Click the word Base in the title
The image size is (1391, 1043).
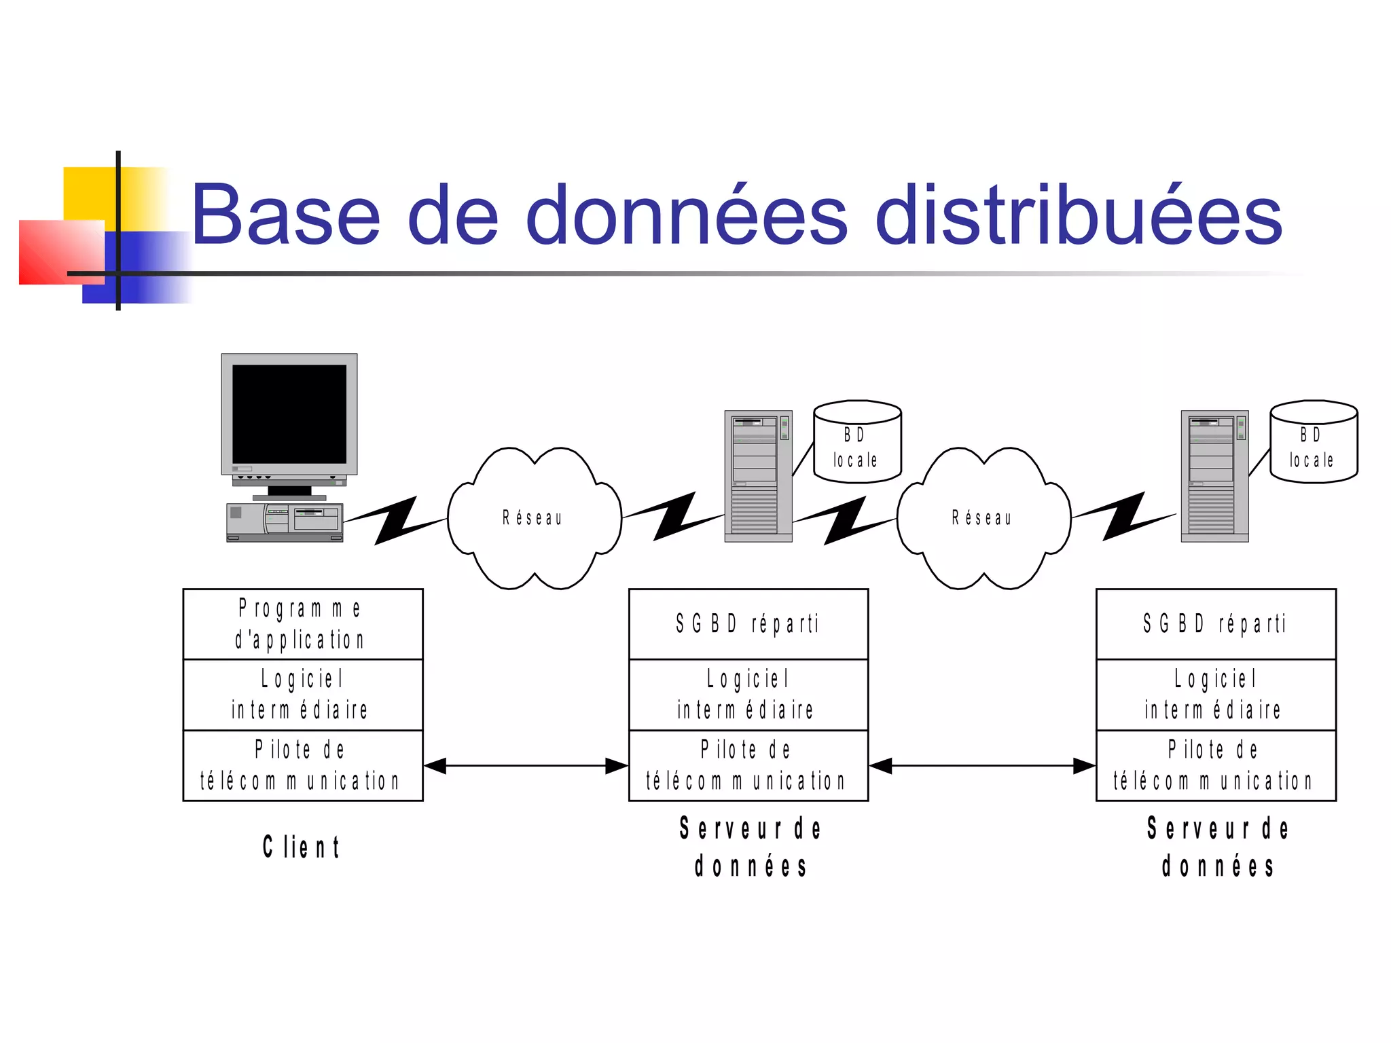tap(285, 215)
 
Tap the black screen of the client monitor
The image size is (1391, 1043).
tap(289, 414)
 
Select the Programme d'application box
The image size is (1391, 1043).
tap(303, 624)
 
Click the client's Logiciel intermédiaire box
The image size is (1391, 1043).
tap(303, 695)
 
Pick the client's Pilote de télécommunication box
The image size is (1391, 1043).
tap(303, 765)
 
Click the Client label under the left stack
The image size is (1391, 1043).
tap(302, 847)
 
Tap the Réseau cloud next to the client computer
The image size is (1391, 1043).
tap(535, 518)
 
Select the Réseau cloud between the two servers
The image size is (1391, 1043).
tap(983, 518)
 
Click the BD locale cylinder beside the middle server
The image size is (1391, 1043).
tap(857, 443)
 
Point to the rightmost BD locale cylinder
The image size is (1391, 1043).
tap(1314, 443)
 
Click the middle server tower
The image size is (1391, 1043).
tap(758, 475)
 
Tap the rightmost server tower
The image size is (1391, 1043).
tap(1214, 475)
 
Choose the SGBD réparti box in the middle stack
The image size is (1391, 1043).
tap(748, 624)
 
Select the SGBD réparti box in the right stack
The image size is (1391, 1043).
tap(1216, 624)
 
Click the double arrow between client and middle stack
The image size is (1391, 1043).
tap(526, 766)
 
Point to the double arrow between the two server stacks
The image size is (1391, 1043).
tap(982, 766)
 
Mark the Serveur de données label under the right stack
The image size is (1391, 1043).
tap(1218, 847)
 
